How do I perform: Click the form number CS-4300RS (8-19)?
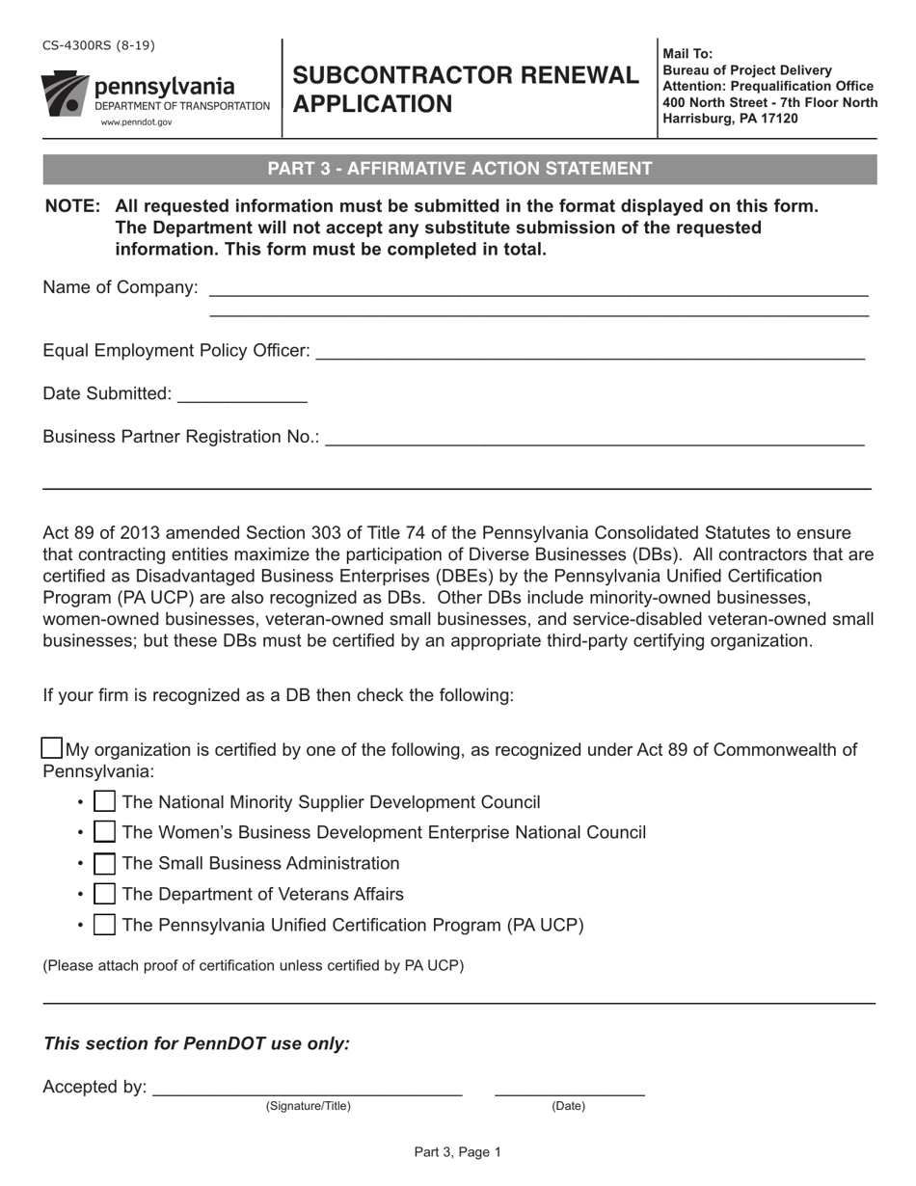coord(98,45)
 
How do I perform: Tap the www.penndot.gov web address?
coord(137,122)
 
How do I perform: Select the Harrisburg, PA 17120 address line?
coord(730,119)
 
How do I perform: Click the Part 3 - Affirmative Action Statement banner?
coord(459,169)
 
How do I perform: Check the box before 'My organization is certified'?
coord(53,748)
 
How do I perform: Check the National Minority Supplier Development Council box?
coord(105,802)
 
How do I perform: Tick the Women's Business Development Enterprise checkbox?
coord(105,832)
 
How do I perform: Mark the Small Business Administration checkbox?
coord(105,863)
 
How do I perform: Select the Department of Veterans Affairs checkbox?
coord(105,894)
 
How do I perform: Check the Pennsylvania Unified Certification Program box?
coord(105,925)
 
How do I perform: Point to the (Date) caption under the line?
coord(568,1106)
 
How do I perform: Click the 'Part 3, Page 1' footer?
coord(458,1151)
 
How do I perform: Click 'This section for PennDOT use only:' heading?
coord(197,1043)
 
